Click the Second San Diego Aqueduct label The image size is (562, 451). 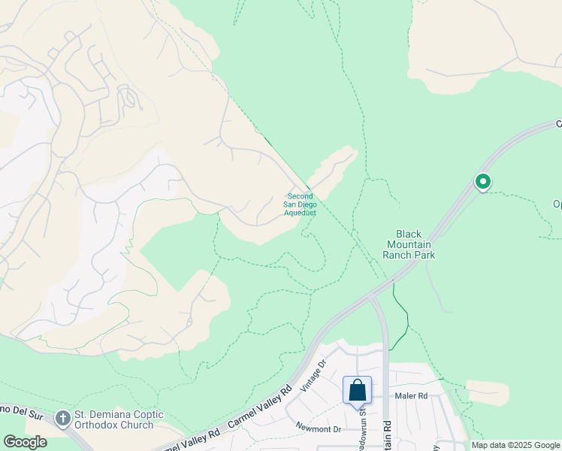tap(301, 204)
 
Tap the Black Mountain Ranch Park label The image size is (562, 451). tap(409, 245)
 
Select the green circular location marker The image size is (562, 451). tap(482, 182)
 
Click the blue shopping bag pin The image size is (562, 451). tap(358, 390)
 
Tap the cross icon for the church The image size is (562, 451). tap(63, 416)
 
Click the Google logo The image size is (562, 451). tap(25, 442)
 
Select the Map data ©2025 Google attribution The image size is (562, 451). tap(515, 445)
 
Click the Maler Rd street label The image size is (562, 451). tap(412, 395)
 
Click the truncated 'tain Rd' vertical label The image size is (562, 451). tap(388, 434)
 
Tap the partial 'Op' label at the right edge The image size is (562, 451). tap(557, 204)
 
